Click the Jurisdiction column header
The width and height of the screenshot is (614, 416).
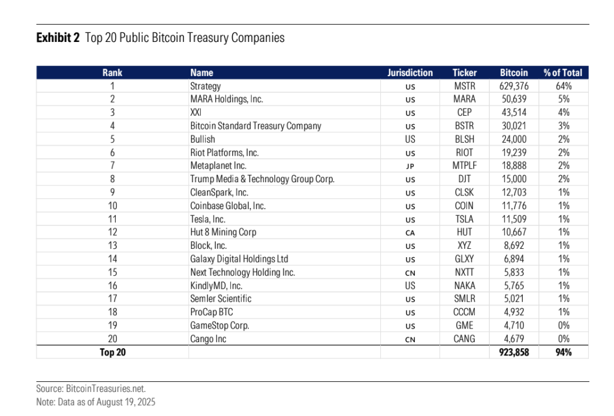point(410,73)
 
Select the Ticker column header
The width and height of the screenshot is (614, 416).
point(465,73)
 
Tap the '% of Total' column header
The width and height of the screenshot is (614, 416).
point(562,73)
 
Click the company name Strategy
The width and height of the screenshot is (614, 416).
point(206,86)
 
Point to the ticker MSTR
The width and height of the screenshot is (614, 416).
point(465,86)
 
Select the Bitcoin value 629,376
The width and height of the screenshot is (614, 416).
point(514,86)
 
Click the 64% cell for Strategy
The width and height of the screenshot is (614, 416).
point(564,86)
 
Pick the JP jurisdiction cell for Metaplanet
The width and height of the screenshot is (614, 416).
point(410,166)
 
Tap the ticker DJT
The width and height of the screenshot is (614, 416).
point(465,179)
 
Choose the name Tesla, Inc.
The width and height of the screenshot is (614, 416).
point(207,219)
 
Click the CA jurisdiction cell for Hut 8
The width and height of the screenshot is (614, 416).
point(410,233)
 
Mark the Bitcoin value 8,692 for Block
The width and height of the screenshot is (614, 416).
point(514,245)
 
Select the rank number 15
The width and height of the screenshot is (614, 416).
point(112,272)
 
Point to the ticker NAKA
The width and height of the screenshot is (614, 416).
point(465,286)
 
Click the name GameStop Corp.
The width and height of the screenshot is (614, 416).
point(219,325)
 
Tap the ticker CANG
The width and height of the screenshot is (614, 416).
point(465,339)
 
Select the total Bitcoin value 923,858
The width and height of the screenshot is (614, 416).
point(514,352)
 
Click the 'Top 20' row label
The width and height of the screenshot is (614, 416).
point(112,352)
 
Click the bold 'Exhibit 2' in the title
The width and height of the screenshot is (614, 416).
point(58,38)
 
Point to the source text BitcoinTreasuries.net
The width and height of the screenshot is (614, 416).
point(106,388)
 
